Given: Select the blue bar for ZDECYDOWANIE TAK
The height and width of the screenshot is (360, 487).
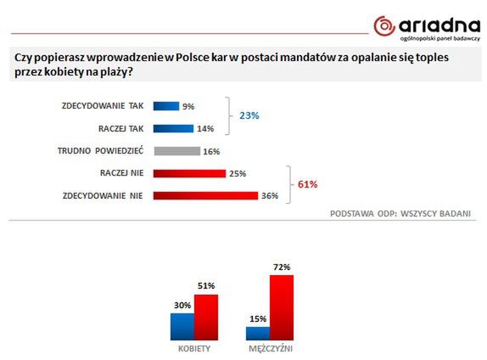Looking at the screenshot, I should pyautogui.click(x=165, y=106).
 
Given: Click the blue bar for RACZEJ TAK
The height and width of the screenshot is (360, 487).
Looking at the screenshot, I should pyautogui.click(x=172, y=129).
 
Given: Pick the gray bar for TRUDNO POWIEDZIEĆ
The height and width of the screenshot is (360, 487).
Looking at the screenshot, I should pyautogui.click(x=176, y=151).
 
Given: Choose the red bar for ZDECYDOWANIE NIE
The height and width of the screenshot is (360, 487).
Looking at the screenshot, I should pyautogui.click(x=204, y=195).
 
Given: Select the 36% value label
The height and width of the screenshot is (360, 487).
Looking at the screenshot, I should pyautogui.click(x=270, y=195).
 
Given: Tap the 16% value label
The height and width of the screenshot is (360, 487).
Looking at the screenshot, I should pyautogui.click(x=210, y=151).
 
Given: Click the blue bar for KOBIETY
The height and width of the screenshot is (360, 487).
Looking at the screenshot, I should pyautogui.click(x=182, y=326).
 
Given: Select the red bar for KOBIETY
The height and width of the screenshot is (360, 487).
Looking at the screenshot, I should pyautogui.click(x=206, y=317).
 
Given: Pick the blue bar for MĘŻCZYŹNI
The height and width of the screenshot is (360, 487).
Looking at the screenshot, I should pyautogui.click(x=258, y=333).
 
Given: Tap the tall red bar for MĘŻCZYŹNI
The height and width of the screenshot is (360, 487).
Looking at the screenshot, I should pyautogui.click(x=282, y=307).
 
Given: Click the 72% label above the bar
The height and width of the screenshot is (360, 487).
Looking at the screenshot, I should pyautogui.click(x=282, y=267).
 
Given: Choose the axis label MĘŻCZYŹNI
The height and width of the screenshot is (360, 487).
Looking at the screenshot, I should pyautogui.click(x=270, y=348).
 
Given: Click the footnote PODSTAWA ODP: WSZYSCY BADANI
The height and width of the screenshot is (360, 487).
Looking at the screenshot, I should pyautogui.click(x=400, y=214).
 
